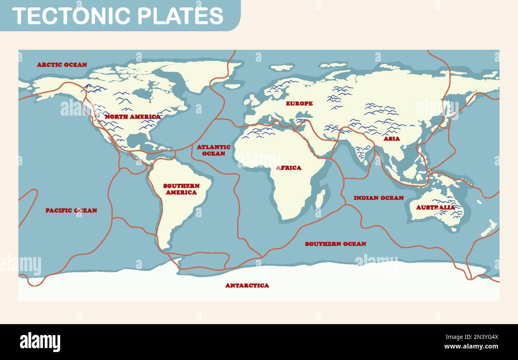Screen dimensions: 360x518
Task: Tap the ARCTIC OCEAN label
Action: tap(62, 65)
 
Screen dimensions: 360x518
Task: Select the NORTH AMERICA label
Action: tap(133, 117)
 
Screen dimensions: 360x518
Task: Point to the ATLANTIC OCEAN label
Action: tap(214, 150)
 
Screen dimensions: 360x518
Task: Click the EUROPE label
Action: tap(299, 104)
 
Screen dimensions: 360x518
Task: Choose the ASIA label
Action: tap(392, 139)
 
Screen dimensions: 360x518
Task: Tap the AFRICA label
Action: tap(289, 168)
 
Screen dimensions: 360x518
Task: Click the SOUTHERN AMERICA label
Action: tap(181, 189)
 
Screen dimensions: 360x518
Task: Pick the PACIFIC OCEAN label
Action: tap(71, 210)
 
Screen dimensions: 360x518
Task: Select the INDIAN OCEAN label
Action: tap(379, 198)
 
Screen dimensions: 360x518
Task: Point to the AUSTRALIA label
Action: tap(436, 207)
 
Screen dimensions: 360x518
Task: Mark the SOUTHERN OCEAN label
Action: tap(336, 244)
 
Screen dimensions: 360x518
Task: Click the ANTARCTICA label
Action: tap(247, 285)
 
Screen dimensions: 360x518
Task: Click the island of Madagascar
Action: tap(320, 198)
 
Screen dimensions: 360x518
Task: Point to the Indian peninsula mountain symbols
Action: tap(363, 150)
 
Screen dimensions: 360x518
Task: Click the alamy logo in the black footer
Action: tap(40, 342)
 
